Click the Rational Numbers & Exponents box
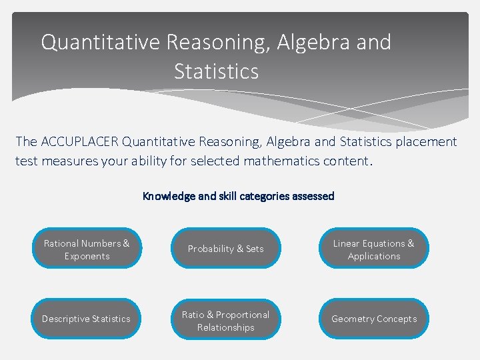click(87, 249)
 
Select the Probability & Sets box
click(225, 249)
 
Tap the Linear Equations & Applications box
click(373, 249)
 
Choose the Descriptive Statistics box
click(87, 319)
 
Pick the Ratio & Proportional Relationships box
click(225, 320)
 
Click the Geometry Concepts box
click(373, 319)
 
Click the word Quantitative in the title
click(101, 43)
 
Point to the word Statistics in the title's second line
click(216, 71)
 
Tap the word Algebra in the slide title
click(308, 43)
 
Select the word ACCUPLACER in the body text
click(79, 141)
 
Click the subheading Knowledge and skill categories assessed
click(239, 196)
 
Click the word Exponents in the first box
click(87, 256)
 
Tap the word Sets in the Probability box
click(255, 249)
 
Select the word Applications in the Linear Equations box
click(374, 256)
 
